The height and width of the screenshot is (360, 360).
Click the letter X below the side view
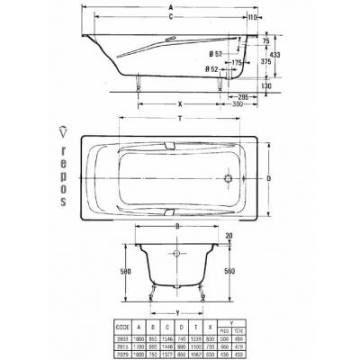[179, 102]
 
